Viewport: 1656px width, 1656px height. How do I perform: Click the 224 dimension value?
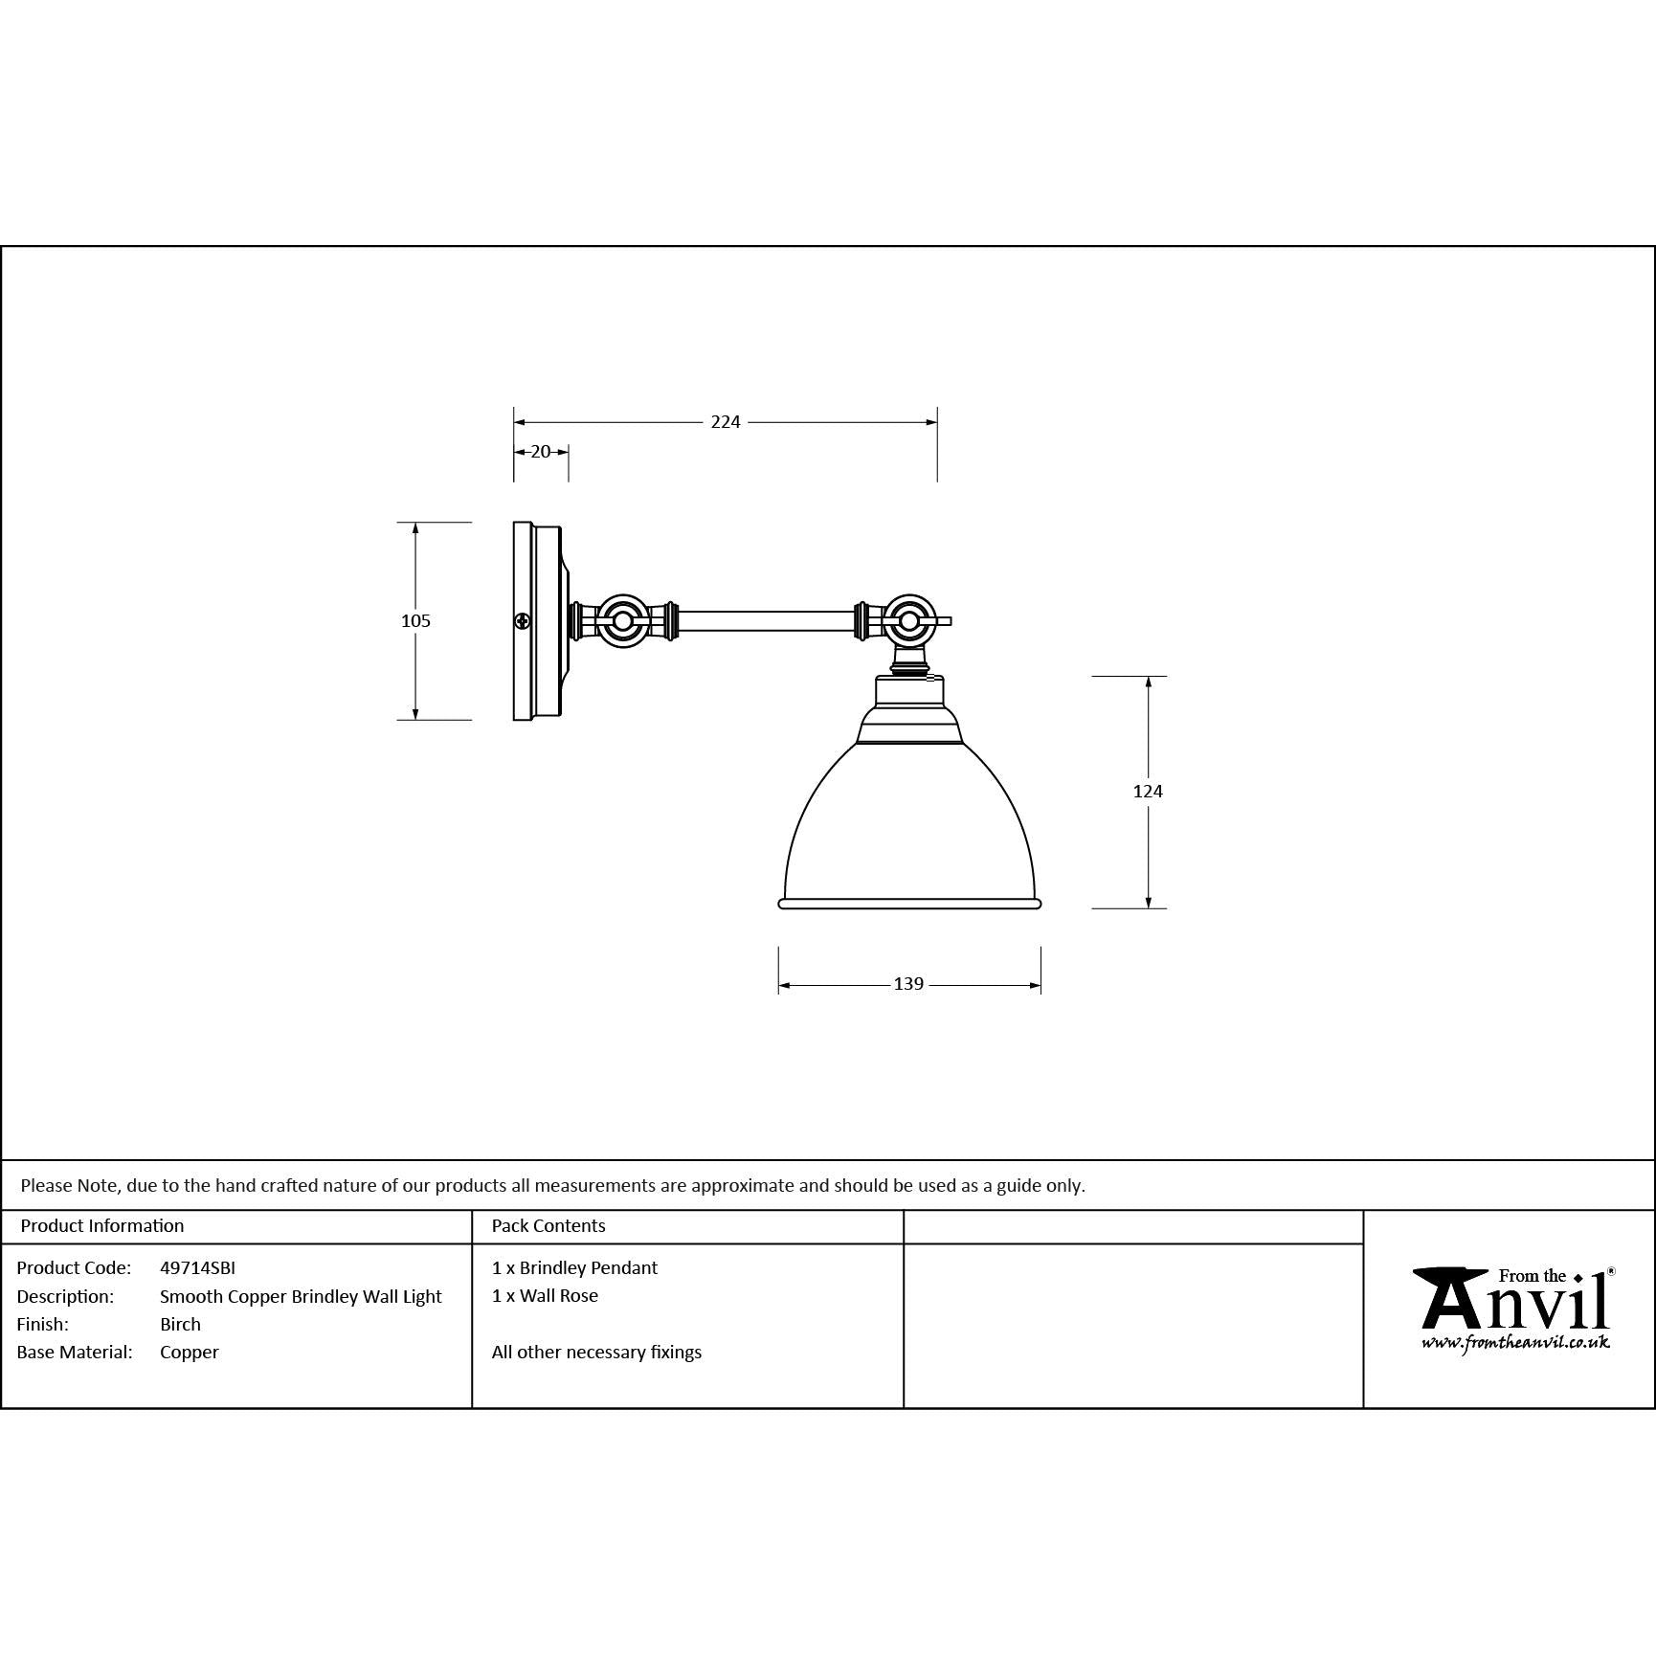coord(725,422)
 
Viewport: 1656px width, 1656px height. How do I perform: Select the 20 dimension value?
coord(541,452)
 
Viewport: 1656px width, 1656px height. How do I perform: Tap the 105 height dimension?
coord(415,621)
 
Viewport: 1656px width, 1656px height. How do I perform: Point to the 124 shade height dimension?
coord(1148,791)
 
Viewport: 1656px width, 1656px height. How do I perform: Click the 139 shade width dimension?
coord(908,984)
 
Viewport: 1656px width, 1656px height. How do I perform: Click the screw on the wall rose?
coord(522,621)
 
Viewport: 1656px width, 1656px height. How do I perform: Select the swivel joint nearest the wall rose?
coord(622,621)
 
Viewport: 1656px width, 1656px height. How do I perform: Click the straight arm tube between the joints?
coord(766,621)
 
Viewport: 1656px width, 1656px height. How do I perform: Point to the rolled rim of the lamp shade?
coord(909,903)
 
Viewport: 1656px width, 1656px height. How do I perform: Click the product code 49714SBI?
coord(197,1268)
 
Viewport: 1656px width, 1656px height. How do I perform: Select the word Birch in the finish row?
coord(180,1325)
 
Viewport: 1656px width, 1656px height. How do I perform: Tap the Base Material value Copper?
coord(190,1353)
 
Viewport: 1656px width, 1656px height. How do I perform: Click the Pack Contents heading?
coord(548,1226)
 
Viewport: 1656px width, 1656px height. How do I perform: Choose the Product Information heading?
coord(102,1226)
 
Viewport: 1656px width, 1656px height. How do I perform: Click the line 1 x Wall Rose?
coord(545,1296)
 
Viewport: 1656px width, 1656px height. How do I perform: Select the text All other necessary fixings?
coord(596,1353)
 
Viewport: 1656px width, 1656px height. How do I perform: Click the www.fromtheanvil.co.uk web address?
coord(1515,1343)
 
